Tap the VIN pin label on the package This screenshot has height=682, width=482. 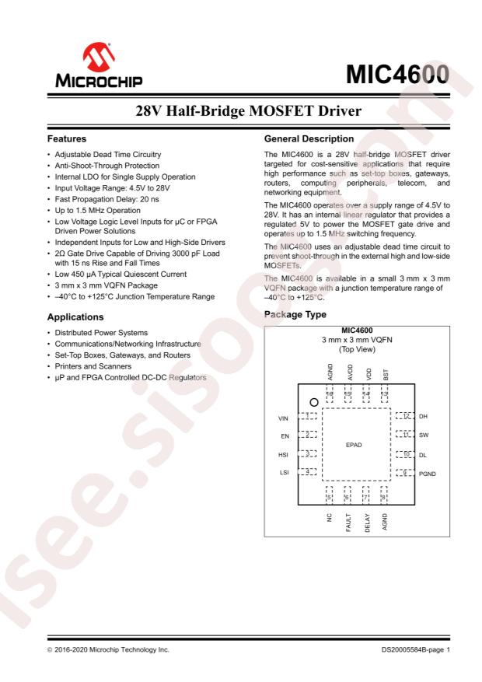tap(283, 418)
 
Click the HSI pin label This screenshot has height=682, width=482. tap(284, 454)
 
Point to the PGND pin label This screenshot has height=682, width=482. tap(429, 472)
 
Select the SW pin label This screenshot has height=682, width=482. tap(424, 435)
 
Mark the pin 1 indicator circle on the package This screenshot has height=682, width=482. tap(313, 402)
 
